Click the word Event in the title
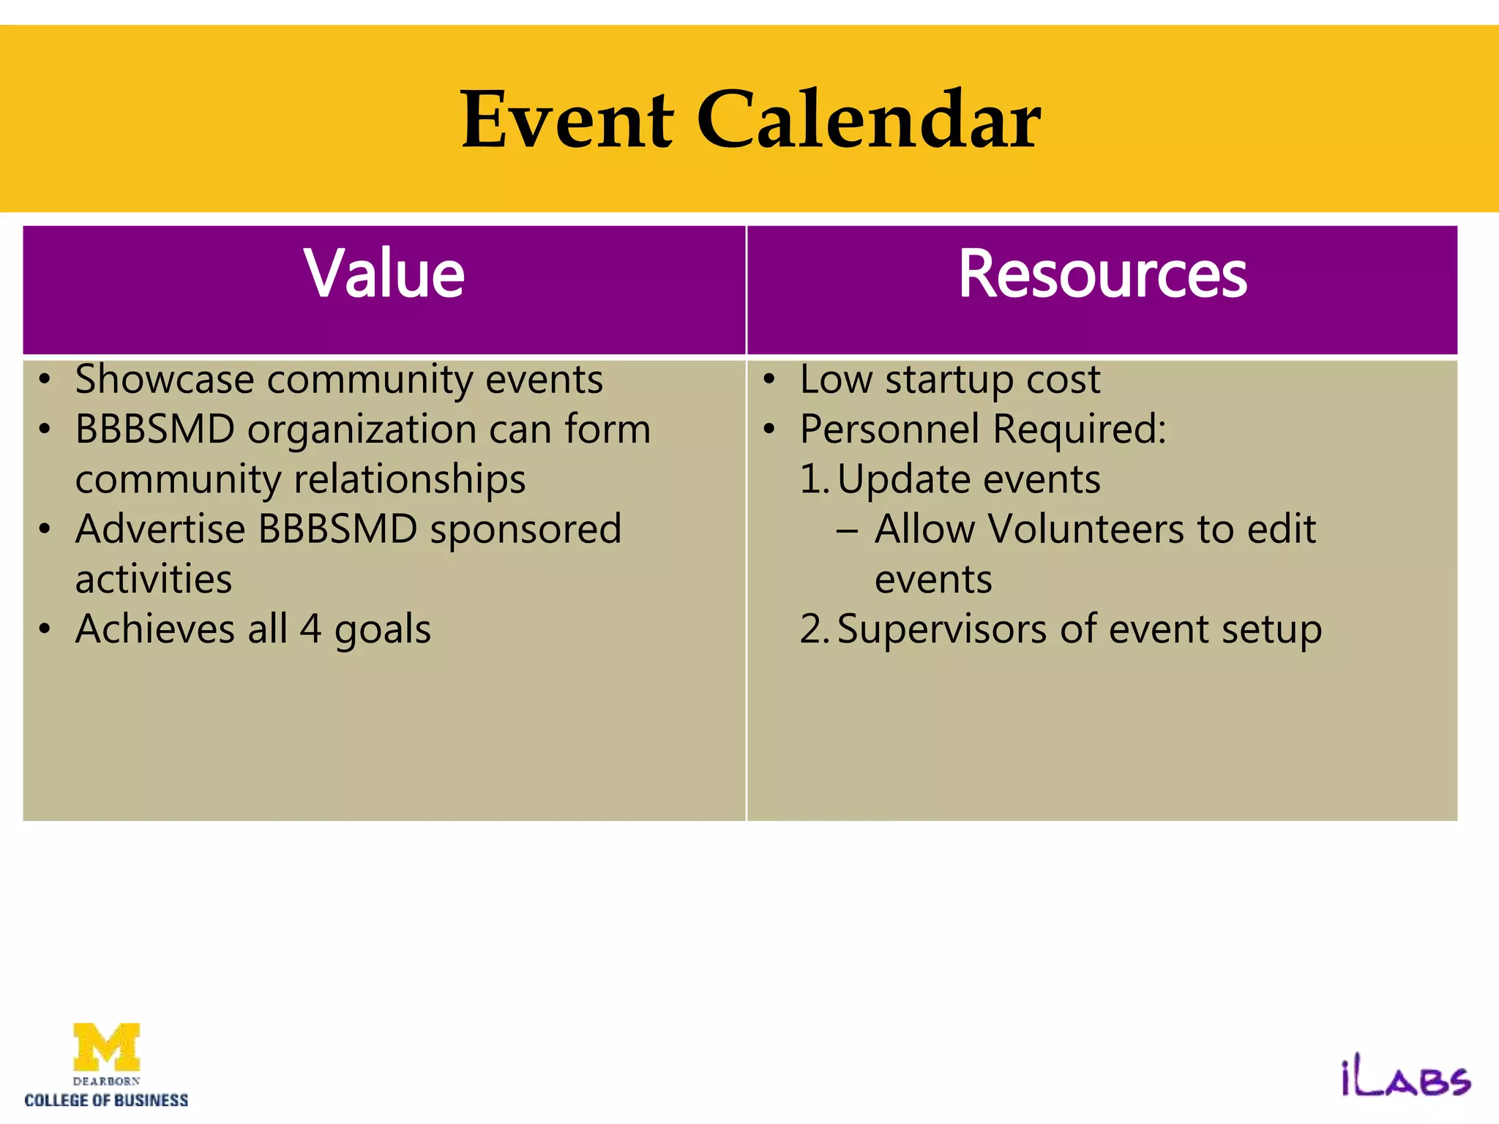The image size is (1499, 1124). pyautogui.click(x=567, y=119)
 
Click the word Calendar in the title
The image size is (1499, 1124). pyautogui.click(x=868, y=119)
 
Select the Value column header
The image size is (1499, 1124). pyautogui.click(x=384, y=274)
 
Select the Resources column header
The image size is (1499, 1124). pyautogui.click(x=1102, y=274)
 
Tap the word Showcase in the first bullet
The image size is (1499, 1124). pyautogui.click(x=165, y=380)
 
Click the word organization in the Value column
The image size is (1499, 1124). pyautogui.click(x=362, y=430)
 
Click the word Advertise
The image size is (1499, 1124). pyautogui.click(x=160, y=529)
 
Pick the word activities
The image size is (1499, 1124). pyautogui.click(x=154, y=580)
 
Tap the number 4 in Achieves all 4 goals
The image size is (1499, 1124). pyautogui.click(x=310, y=629)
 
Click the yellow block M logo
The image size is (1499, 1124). pyautogui.click(x=107, y=1046)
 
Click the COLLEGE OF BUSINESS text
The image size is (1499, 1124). pyautogui.click(x=106, y=1100)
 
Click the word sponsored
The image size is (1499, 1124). pyautogui.click(x=525, y=531)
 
